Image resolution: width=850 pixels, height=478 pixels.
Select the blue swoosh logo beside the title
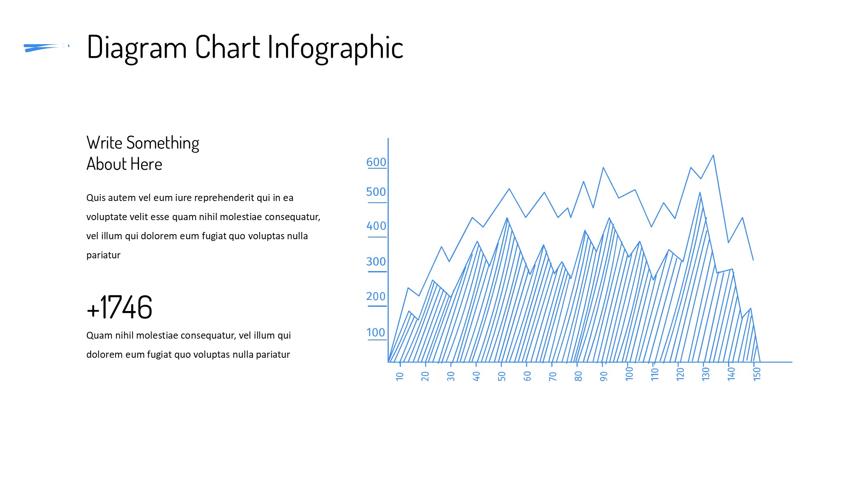point(46,48)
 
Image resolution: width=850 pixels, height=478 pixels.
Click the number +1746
point(119,307)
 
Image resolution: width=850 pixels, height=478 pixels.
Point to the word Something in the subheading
point(163,144)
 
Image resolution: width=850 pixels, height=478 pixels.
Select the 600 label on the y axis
point(376,162)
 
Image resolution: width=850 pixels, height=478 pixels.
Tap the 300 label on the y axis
point(376,262)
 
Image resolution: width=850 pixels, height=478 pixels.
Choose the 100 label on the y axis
point(376,333)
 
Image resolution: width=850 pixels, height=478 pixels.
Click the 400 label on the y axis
point(376,226)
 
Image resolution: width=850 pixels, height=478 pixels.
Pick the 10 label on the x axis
point(399,376)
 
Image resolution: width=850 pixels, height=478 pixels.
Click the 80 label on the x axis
point(578,376)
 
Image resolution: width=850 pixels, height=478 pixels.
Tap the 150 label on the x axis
point(756,374)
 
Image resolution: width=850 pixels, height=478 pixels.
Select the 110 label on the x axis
point(654,374)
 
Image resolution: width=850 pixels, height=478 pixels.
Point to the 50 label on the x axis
point(501,376)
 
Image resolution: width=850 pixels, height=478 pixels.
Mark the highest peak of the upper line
point(713,155)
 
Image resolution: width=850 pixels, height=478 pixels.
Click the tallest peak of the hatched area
point(700,193)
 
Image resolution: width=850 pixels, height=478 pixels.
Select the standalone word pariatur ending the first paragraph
point(103,255)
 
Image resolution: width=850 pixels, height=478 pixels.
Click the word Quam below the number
point(99,336)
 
